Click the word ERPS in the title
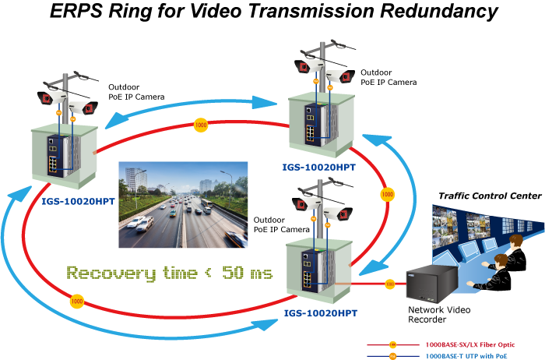[x=76, y=11]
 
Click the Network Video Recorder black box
[x=429, y=284]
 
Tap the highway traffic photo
[x=183, y=204]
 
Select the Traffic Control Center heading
[x=490, y=196]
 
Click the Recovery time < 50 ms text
[x=170, y=273]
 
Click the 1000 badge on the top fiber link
[x=201, y=125]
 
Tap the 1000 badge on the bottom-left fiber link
[x=77, y=302]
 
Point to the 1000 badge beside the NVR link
[x=390, y=284]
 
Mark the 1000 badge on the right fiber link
[x=387, y=195]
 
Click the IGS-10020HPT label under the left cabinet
[x=78, y=201]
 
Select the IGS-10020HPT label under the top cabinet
[x=318, y=168]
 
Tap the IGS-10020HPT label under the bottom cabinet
[x=321, y=313]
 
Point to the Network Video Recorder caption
[x=439, y=315]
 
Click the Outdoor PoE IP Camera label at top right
[x=389, y=77]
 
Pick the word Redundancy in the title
[x=439, y=11]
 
